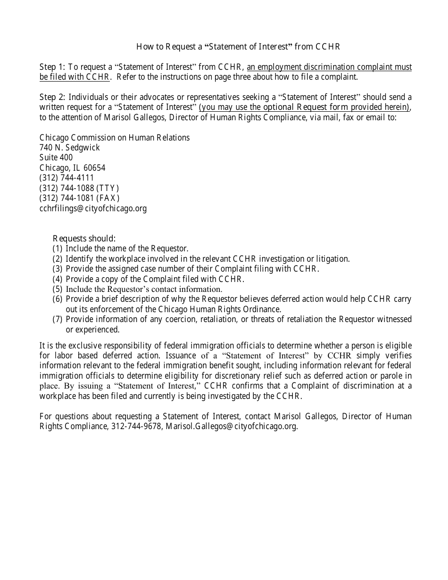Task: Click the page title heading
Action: pos(238,47)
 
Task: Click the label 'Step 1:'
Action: pos(52,67)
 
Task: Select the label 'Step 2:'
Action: pos(52,97)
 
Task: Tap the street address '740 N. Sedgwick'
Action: pos(70,148)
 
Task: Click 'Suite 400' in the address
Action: pos(56,157)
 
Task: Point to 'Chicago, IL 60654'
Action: pos(72,168)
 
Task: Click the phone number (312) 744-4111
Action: pos(66,178)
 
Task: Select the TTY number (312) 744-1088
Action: pos(79,188)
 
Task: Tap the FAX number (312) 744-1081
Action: pos(79,198)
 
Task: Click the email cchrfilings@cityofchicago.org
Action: pos(93,208)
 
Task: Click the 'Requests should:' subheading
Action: pos(84,238)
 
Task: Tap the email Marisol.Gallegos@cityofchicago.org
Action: pos(232,426)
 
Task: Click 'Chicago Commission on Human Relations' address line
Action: pos(115,138)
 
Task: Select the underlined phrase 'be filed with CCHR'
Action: pos(75,77)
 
